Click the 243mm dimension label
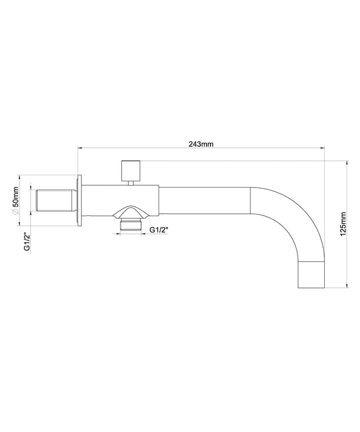click(201, 144)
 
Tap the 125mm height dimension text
click(343, 224)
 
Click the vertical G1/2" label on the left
click(27, 242)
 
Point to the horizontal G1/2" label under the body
click(159, 230)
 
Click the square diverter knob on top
click(131, 170)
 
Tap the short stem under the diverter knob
click(131, 183)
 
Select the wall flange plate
click(79, 200)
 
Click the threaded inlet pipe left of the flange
click(54, 200)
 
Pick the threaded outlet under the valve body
click(131, 224)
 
